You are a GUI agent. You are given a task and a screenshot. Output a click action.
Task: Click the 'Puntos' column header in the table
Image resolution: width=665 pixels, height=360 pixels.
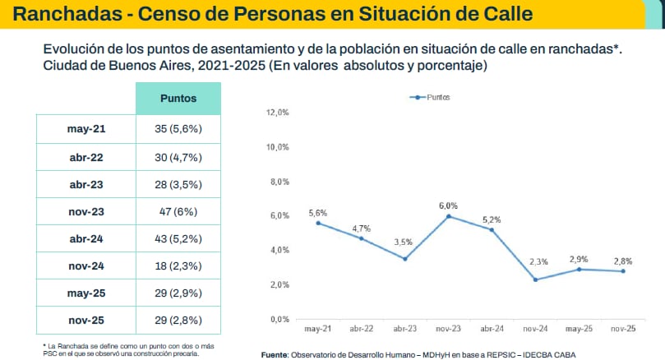click(x=178, y=98)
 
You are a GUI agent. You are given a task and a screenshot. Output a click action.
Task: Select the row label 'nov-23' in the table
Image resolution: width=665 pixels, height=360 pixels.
click(x=85, y=211)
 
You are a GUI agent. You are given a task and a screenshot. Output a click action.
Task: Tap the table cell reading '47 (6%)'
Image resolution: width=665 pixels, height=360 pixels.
click(x=178, y=211)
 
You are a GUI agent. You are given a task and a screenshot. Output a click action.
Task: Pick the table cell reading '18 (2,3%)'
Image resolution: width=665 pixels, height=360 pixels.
click(x=178, y=265)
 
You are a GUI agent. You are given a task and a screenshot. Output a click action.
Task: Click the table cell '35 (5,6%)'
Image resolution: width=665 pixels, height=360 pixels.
click(x=178, y=129)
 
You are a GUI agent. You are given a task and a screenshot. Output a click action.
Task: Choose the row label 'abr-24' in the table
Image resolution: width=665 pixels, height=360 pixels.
click(x=85, y=238)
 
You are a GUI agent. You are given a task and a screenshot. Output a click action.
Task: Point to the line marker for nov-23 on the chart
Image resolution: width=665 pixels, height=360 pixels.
click(x=448, y=216)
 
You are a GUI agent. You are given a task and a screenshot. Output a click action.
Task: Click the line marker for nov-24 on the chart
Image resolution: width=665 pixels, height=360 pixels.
click(x=536, y=279)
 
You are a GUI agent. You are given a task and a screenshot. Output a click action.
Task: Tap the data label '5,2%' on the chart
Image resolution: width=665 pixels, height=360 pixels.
click(x=491, y=219)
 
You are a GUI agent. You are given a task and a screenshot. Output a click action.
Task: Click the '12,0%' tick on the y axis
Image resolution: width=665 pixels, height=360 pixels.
click(x=279, y=113)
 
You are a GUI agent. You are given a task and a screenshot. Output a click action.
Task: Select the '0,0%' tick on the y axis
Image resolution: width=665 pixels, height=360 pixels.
click(x=279, y=319)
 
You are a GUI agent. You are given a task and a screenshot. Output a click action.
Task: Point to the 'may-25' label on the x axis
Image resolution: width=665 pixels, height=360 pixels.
click(x=580, y=329)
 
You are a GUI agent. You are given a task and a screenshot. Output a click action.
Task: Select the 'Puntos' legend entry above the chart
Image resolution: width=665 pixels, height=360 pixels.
click(x=430, y=97)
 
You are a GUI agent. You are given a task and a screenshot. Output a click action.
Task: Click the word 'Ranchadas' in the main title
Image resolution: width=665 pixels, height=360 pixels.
click(x=63, y=14)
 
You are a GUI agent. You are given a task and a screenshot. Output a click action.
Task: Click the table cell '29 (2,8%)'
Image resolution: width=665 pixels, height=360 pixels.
click(x=178, y=320)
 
